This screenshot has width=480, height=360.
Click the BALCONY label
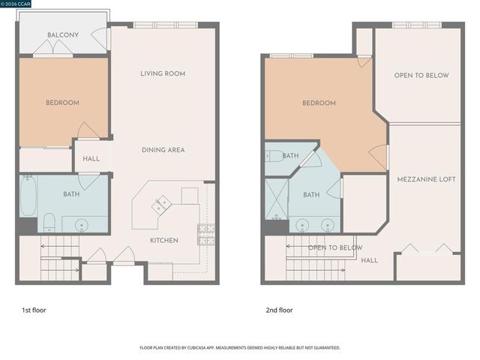click(63, 35)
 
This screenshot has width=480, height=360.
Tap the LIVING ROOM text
click(163, 73)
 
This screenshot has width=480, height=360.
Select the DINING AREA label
click(163, 150)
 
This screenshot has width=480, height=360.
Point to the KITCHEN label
click(163, 240)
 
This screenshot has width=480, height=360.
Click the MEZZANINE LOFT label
click(426, 179)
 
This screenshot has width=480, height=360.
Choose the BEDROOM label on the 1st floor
click(63, 103)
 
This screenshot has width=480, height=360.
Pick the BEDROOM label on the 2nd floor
click(319, 103)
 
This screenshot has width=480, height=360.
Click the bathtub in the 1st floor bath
click(28, 196)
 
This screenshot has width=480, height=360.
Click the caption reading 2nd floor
click(279, 310)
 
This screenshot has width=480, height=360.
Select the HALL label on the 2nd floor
click(369, 260)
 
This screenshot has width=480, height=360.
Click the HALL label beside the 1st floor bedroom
click(91, 158)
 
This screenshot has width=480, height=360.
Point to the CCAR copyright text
click(21, 4)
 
